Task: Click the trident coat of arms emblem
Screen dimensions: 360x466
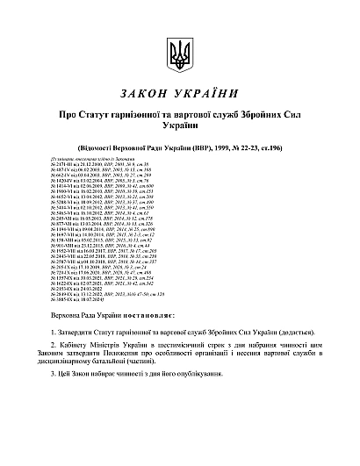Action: pyautogui.click(x=179, y=54)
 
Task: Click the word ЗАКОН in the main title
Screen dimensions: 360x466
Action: pyautogui.click(x=145, y=93)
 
